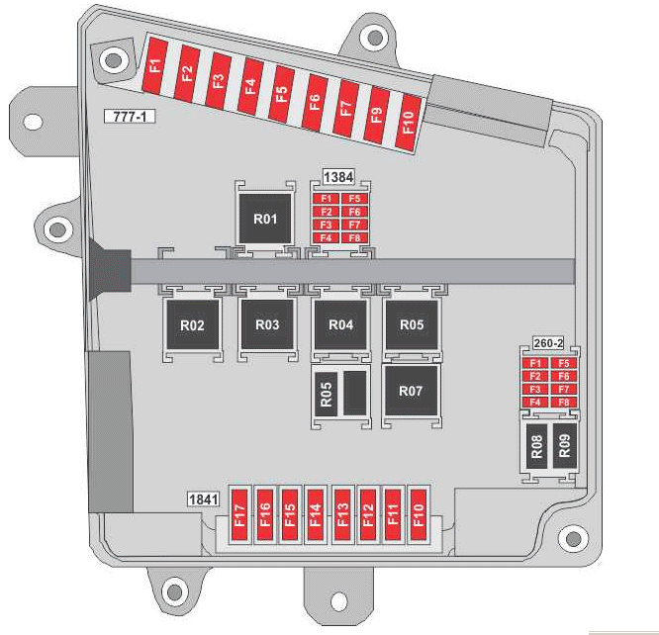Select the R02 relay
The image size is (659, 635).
point(192,325)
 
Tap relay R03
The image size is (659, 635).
point(267,325)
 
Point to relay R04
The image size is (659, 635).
point(340,325)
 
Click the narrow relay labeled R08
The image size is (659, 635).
point(536,446)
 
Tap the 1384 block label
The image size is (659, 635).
point(338,176)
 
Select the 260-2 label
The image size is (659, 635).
point(547,343)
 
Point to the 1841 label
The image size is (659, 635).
point(203,499)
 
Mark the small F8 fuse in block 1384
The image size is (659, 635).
point(353,237)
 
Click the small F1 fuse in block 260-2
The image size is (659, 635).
point(535,364)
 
